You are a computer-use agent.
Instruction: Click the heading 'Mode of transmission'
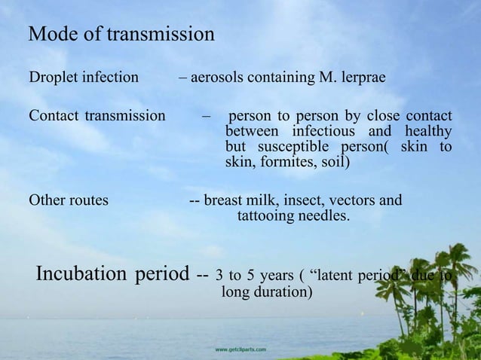pos(121,35)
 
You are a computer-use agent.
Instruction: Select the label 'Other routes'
pos(68,201)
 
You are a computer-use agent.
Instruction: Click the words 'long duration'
pos(264,291)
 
